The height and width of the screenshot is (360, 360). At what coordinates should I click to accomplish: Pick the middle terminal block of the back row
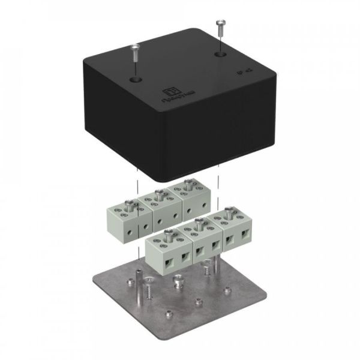157,208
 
